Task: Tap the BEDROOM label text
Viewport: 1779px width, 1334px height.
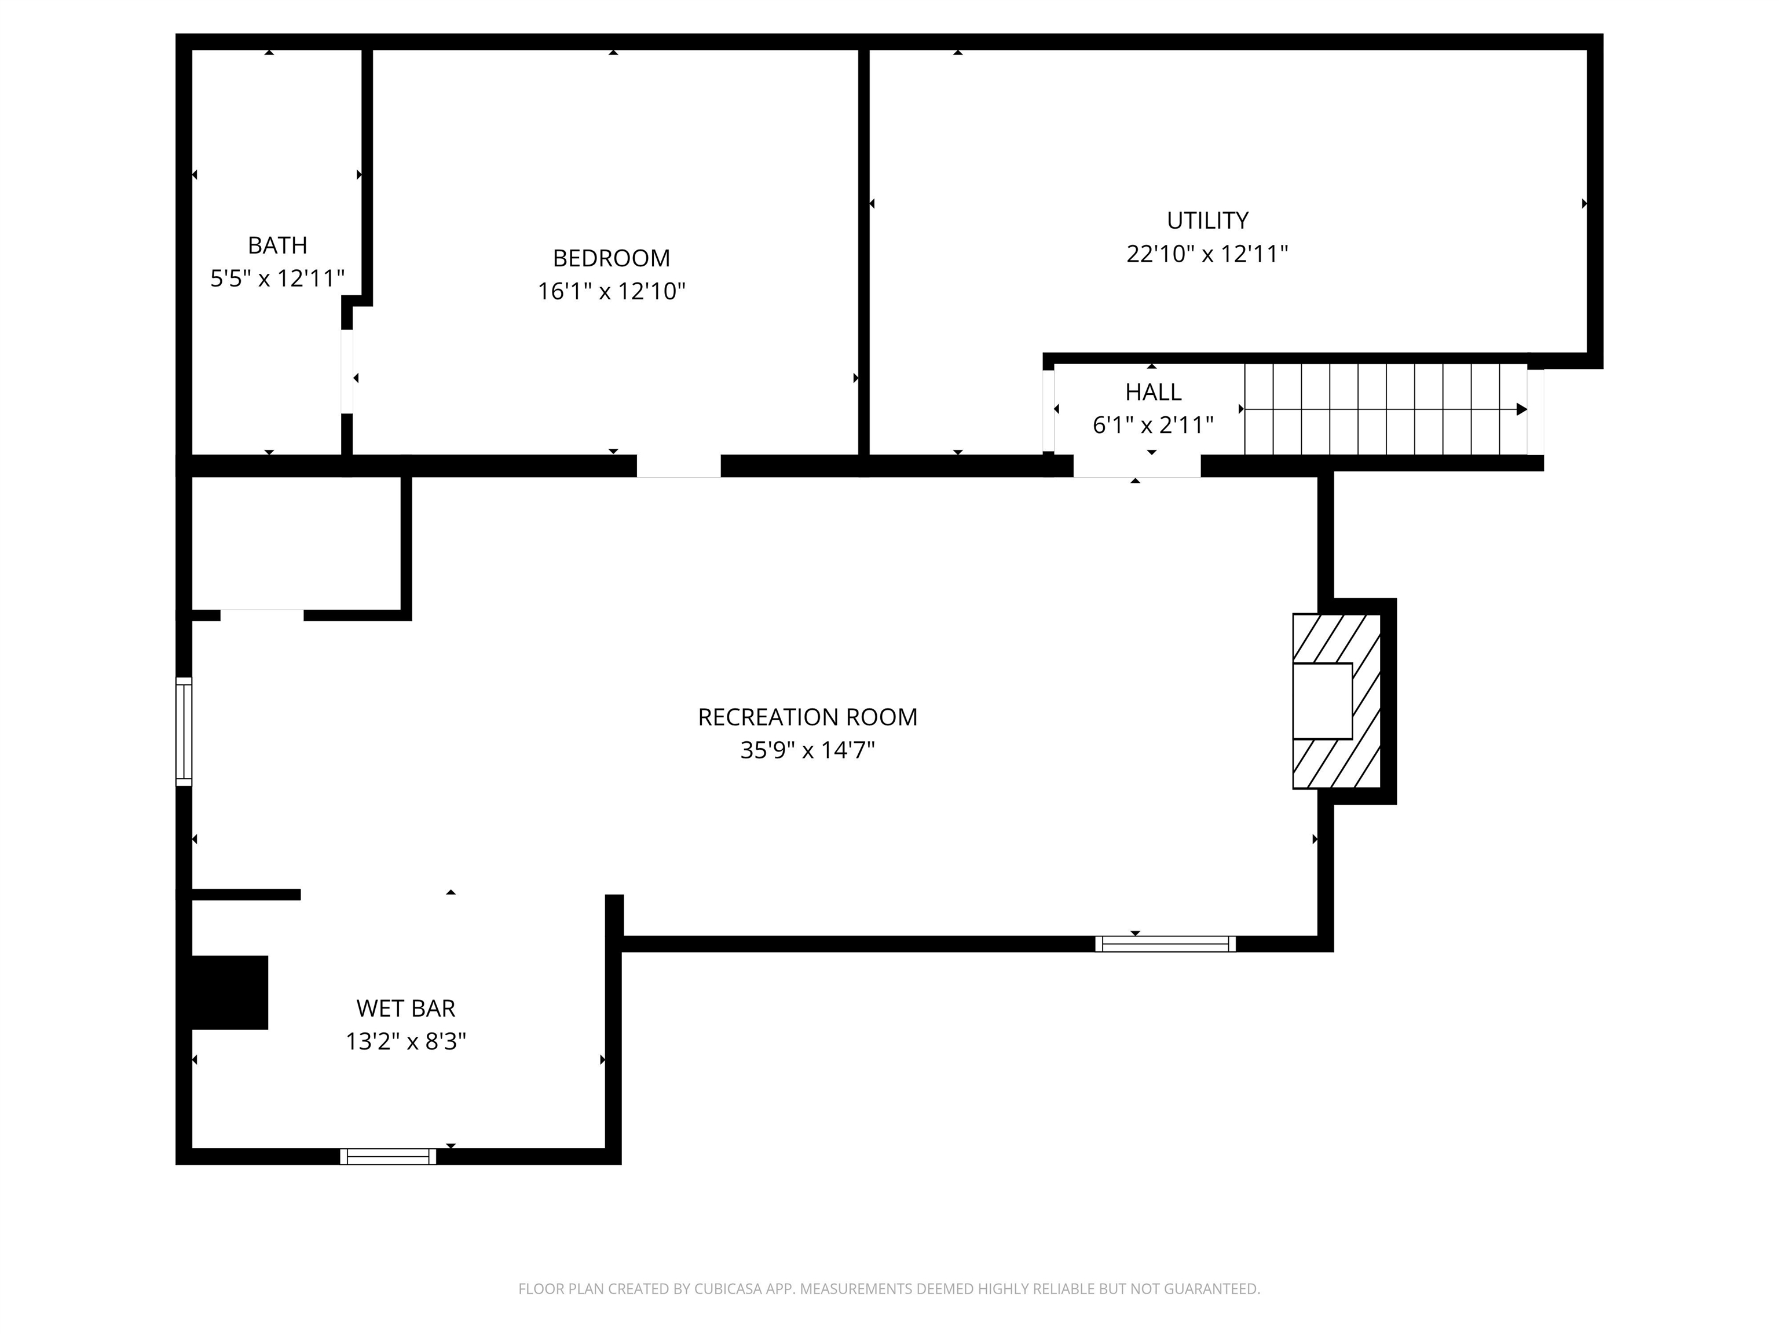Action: point(611,258)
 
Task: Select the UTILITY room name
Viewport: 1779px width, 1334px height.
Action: point(1207,221)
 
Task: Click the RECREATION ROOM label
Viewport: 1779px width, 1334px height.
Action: point(807,717)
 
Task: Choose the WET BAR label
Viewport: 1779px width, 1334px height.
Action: point(405,1009)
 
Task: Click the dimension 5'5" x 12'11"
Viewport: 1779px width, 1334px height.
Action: point(277,278)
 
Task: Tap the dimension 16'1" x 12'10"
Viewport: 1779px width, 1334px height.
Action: point(611,291)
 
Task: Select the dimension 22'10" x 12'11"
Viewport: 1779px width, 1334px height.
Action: point(1207,254)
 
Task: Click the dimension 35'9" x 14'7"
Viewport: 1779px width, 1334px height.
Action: point(807,750)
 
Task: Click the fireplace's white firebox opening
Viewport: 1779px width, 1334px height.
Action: point(1322,701)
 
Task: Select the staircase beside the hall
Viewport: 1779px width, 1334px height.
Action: point(1386,409)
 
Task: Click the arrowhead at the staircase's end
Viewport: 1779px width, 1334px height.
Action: point(1522,409)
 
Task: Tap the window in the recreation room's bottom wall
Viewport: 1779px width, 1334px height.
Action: point(1165,944)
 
